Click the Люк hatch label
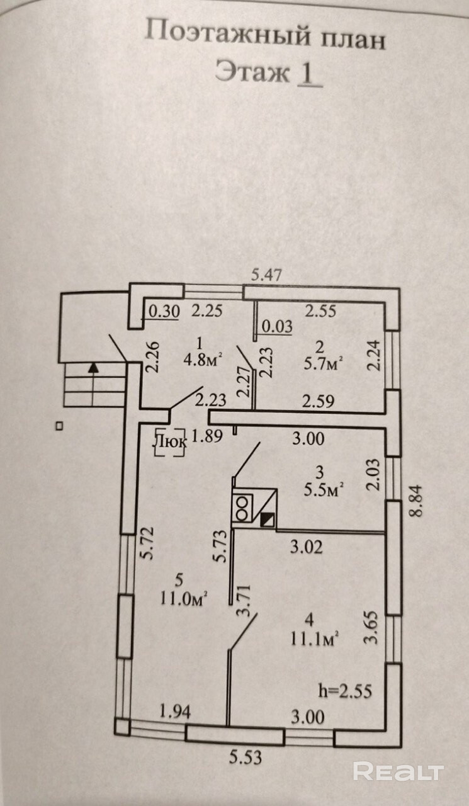coord(169,442)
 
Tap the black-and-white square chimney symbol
coord(268,519)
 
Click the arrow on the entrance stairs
coord(94,368)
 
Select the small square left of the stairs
coord(59,426)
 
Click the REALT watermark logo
coord(398,771)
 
